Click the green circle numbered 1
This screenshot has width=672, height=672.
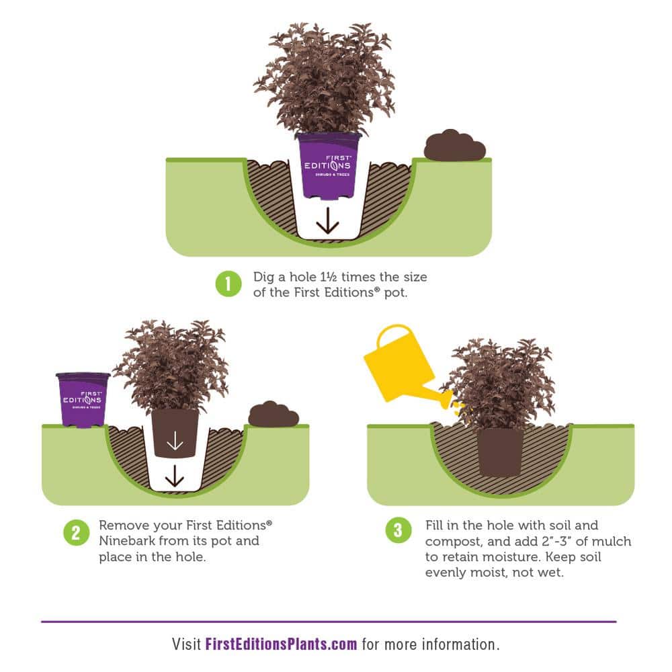228,284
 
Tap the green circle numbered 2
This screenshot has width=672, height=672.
77,533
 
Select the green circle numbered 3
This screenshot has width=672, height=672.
398,530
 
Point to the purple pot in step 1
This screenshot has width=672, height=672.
329,166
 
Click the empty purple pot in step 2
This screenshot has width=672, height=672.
83,400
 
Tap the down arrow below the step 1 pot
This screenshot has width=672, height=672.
328,220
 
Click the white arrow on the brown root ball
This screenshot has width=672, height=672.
175,440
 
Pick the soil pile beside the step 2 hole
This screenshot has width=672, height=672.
274,414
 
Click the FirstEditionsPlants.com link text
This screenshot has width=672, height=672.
281,644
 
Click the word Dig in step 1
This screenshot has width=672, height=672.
263,278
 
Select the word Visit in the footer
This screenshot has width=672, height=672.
186,644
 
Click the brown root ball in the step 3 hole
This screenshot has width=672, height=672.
500,452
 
